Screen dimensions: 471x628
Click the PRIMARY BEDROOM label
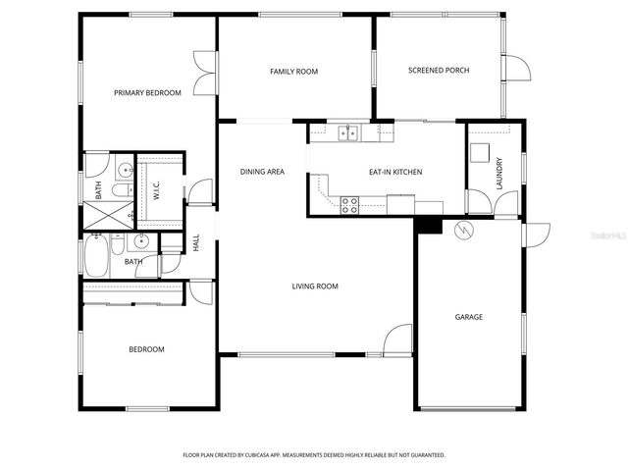coord(147,93)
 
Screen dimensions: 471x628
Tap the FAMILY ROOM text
coord(293,72)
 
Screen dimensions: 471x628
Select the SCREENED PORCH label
coord(439,71)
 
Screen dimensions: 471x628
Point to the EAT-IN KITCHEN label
coord(395,173)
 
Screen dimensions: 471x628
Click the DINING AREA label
coord(262,173)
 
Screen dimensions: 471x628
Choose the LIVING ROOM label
coord(314,287)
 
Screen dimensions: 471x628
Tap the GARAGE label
coord(468,317)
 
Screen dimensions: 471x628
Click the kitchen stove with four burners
coord(348,205)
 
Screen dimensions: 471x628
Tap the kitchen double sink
coord(348,131)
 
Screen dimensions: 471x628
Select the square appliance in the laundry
coord(481,152)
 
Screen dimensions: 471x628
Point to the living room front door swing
coord(399,340)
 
